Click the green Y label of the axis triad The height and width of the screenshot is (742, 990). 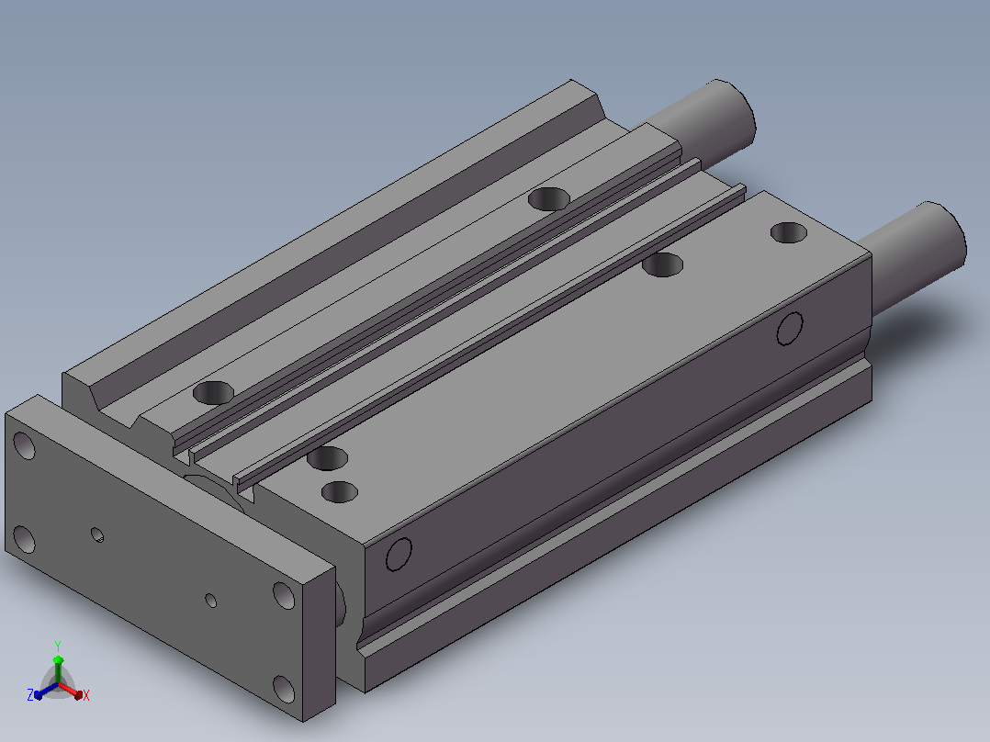tap(58, 646)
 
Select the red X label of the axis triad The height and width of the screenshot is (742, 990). tap(86, 695)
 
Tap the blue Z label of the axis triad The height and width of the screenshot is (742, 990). tap(29, 694)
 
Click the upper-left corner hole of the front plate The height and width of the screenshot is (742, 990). tap(25, 445)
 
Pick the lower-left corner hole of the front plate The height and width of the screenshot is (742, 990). tap(24, 539)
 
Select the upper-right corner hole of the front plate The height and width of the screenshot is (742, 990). tap(284, 595)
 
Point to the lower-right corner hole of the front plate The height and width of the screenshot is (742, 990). tap(284, 689)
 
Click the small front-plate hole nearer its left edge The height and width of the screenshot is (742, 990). tap(97, 534)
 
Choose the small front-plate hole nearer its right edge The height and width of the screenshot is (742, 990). tap(211, 600)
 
